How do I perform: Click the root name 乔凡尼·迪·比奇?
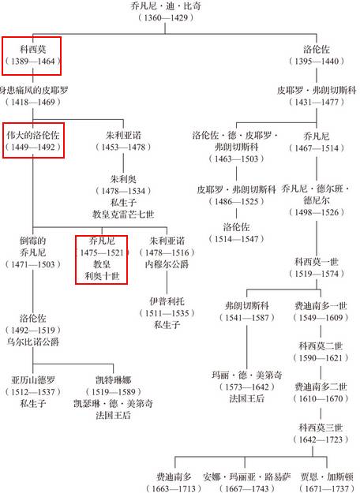click(x=166, y=6)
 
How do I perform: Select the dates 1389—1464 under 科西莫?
click(x=32, y=61)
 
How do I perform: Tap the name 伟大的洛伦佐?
click(x=33, y=135)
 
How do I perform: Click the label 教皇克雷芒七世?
click(x=123, y=215)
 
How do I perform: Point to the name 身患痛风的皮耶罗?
click(x=33, y=90)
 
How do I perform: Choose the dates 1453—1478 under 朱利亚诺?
click(x=123, y=147)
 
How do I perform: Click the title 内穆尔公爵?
click(x=167, y=264)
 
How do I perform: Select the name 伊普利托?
click(x=167, y=301)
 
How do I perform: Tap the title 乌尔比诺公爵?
click(x=33, y=342)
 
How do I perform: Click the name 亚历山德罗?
click(x=33, y=380)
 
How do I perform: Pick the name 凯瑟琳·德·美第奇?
click(x=113, y=403)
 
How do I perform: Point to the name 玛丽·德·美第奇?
click(x=247, y=375)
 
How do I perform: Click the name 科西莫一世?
click(x=317, y=262)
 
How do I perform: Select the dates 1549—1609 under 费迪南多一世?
click(x=321, y=318)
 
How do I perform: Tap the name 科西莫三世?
click(x=321, y=428)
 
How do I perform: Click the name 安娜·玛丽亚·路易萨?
click(x=247, y=476)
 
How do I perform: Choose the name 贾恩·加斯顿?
click(x=327, y=476)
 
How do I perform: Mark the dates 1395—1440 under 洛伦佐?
click(x=317, y=61)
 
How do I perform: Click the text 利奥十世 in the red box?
click(x=102, y=276)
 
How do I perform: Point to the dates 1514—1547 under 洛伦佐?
click(x=236, y=239)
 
